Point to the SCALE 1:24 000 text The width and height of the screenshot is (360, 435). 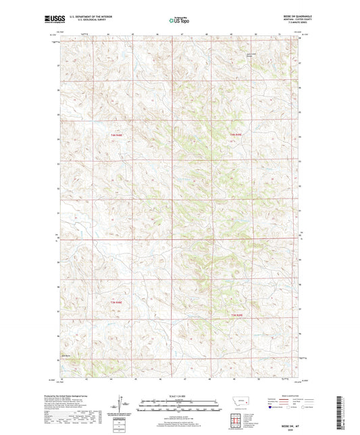tap(180, 396)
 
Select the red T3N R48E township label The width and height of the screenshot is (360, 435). tap(115, 301)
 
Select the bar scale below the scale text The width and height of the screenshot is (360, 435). tap(180, 407)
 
